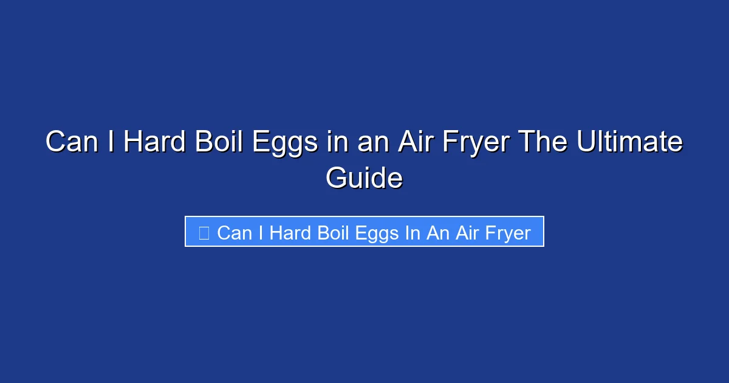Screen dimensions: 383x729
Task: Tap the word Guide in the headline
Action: coord(364,179)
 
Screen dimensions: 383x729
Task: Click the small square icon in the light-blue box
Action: coord(204,232)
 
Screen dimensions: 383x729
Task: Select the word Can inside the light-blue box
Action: coord(234,232)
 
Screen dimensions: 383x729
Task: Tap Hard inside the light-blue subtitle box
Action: coord(291,232)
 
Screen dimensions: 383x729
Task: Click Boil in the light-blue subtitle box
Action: coord(337,232)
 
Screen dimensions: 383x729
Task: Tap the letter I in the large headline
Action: coord(112,142)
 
